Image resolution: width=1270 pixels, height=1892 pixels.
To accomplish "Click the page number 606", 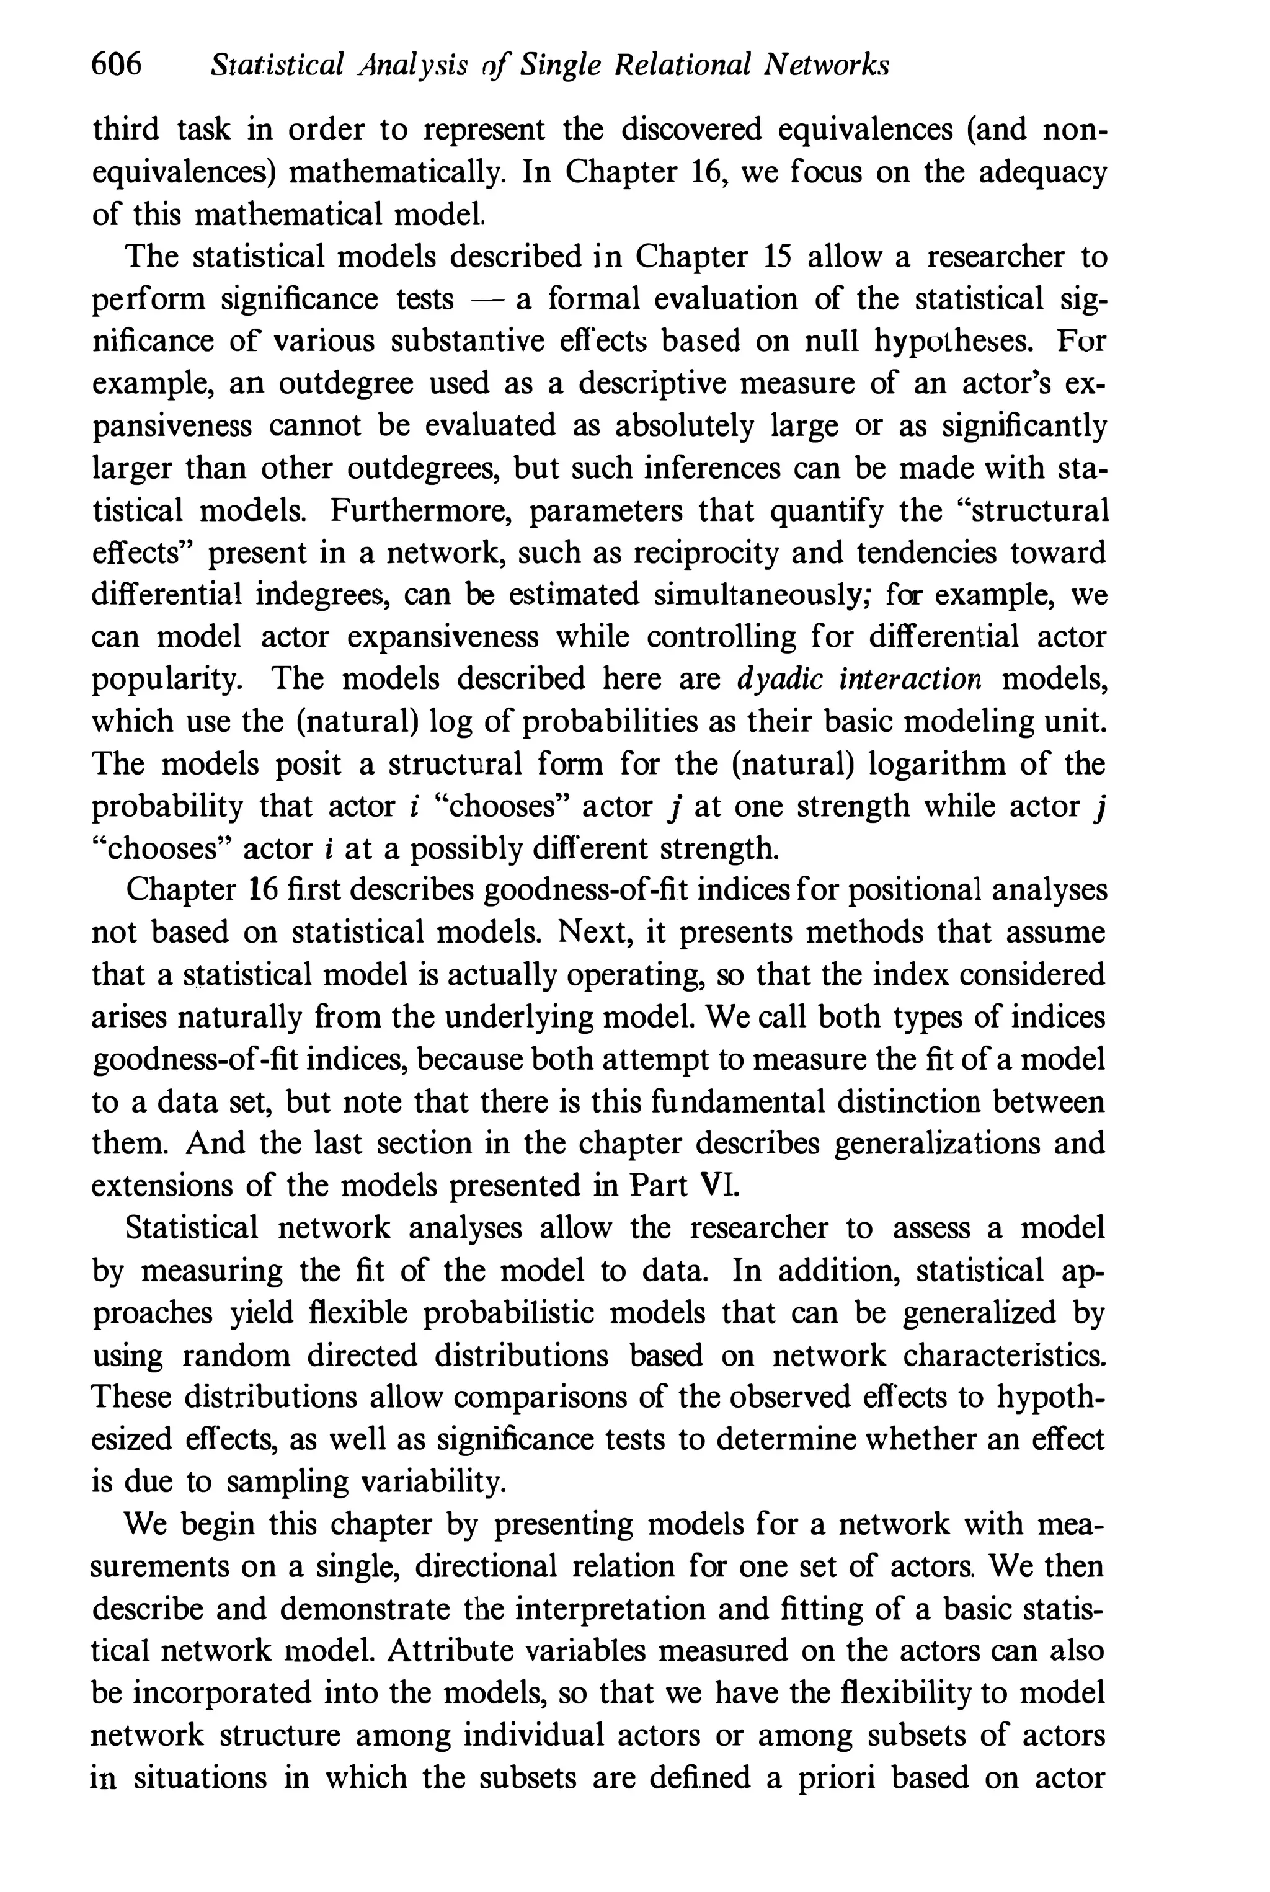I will click(x=117, y=64).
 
